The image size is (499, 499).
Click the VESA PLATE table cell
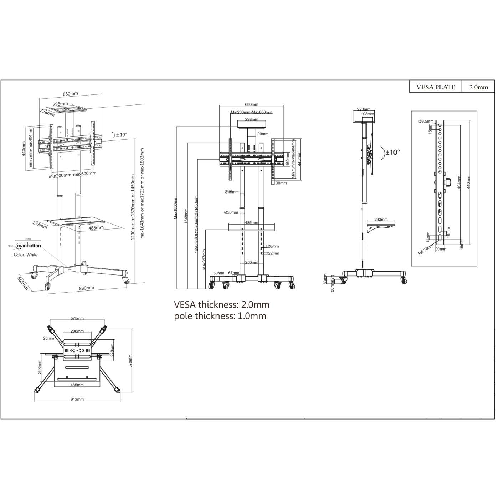(x=435, y=87)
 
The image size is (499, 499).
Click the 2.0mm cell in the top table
(x=478, y=87)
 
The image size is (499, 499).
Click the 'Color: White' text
(x=26, y=255)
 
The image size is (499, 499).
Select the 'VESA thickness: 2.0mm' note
(x=221, y=305)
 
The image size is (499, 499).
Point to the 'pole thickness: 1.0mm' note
(x=220, y=316)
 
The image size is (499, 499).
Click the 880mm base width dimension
(x=87, y=288)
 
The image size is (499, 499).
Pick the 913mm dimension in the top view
(x=77, y=400)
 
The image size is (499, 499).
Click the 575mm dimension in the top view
(x=77, y=318)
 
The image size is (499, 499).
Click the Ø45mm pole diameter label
(x=232, y=192)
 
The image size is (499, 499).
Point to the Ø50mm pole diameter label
(x=231, y=212)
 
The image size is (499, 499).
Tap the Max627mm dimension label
(x=204, y=259)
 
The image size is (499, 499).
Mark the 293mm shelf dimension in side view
(x=381, y=220)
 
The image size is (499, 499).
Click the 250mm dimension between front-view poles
(x=252, y=263)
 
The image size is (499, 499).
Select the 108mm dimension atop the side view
(x=367, y=114)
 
